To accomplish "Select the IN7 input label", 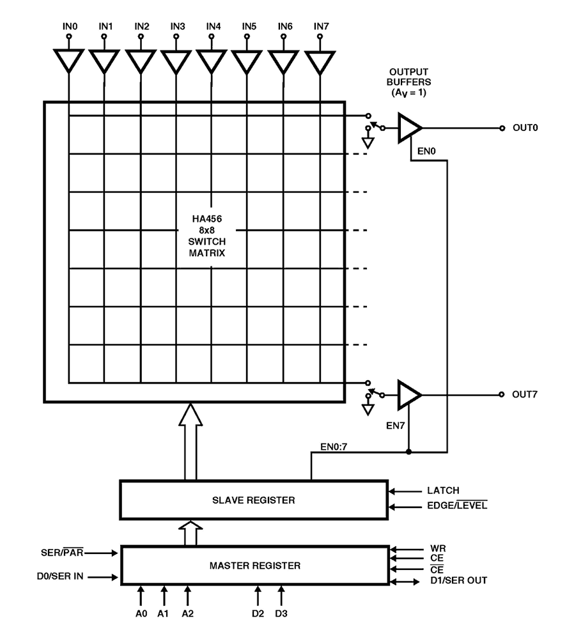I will coord(321,26).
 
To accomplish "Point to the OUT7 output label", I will coord(525,394).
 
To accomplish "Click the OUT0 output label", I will coord(525,128).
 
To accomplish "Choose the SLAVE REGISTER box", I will coord(254,500).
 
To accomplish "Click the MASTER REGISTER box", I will coord(254,566).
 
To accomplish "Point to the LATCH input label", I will coord(443,491).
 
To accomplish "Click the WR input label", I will coord(437,548).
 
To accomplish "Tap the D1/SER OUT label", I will coord(458,581).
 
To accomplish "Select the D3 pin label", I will coord(281,614).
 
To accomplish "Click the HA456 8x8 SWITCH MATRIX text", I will coord(212,236).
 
